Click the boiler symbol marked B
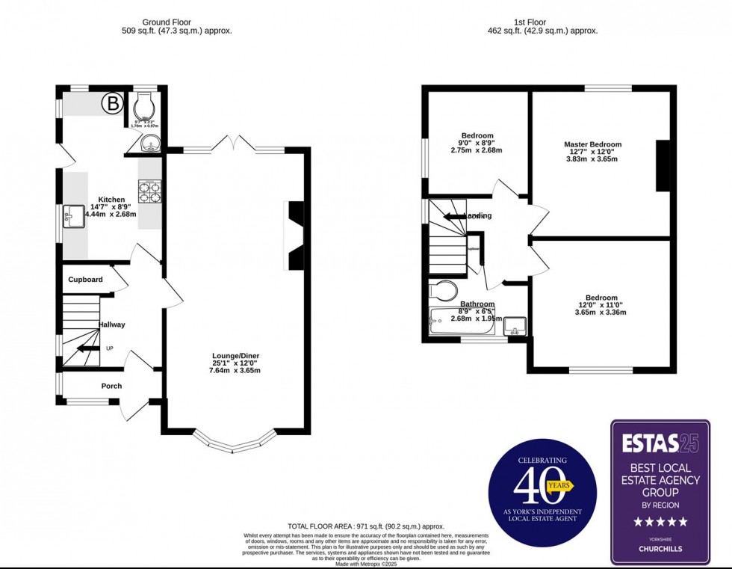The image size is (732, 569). point(112,104)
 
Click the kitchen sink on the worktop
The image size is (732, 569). point(74,216)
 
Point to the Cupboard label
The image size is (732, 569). point(86,280)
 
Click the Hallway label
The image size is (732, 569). point(111,325)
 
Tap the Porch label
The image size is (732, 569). point(111,386)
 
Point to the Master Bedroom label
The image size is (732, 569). point(592,144)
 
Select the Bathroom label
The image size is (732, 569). point(477,304)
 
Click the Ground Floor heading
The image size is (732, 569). point(176,23)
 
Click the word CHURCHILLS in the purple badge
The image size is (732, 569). point(660,550)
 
